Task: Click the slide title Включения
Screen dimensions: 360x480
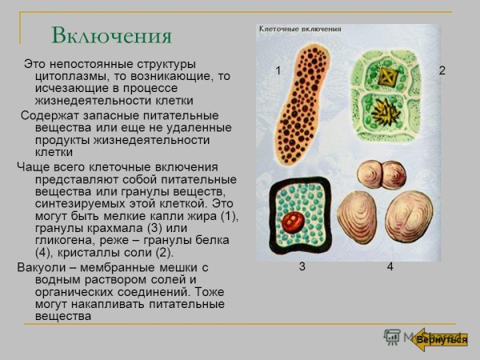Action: [111, 36]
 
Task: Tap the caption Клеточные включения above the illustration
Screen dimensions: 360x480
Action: [300, 29]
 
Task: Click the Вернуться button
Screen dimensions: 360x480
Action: [442, 340]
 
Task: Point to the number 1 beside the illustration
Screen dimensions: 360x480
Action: [278, 71]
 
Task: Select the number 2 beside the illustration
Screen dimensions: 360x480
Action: [442, 71]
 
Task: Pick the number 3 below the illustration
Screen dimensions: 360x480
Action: [302, 267]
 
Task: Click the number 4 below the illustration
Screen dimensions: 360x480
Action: [390, 267]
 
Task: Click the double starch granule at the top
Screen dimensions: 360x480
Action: [382, 174]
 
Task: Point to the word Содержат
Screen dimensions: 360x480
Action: [49, 115]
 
